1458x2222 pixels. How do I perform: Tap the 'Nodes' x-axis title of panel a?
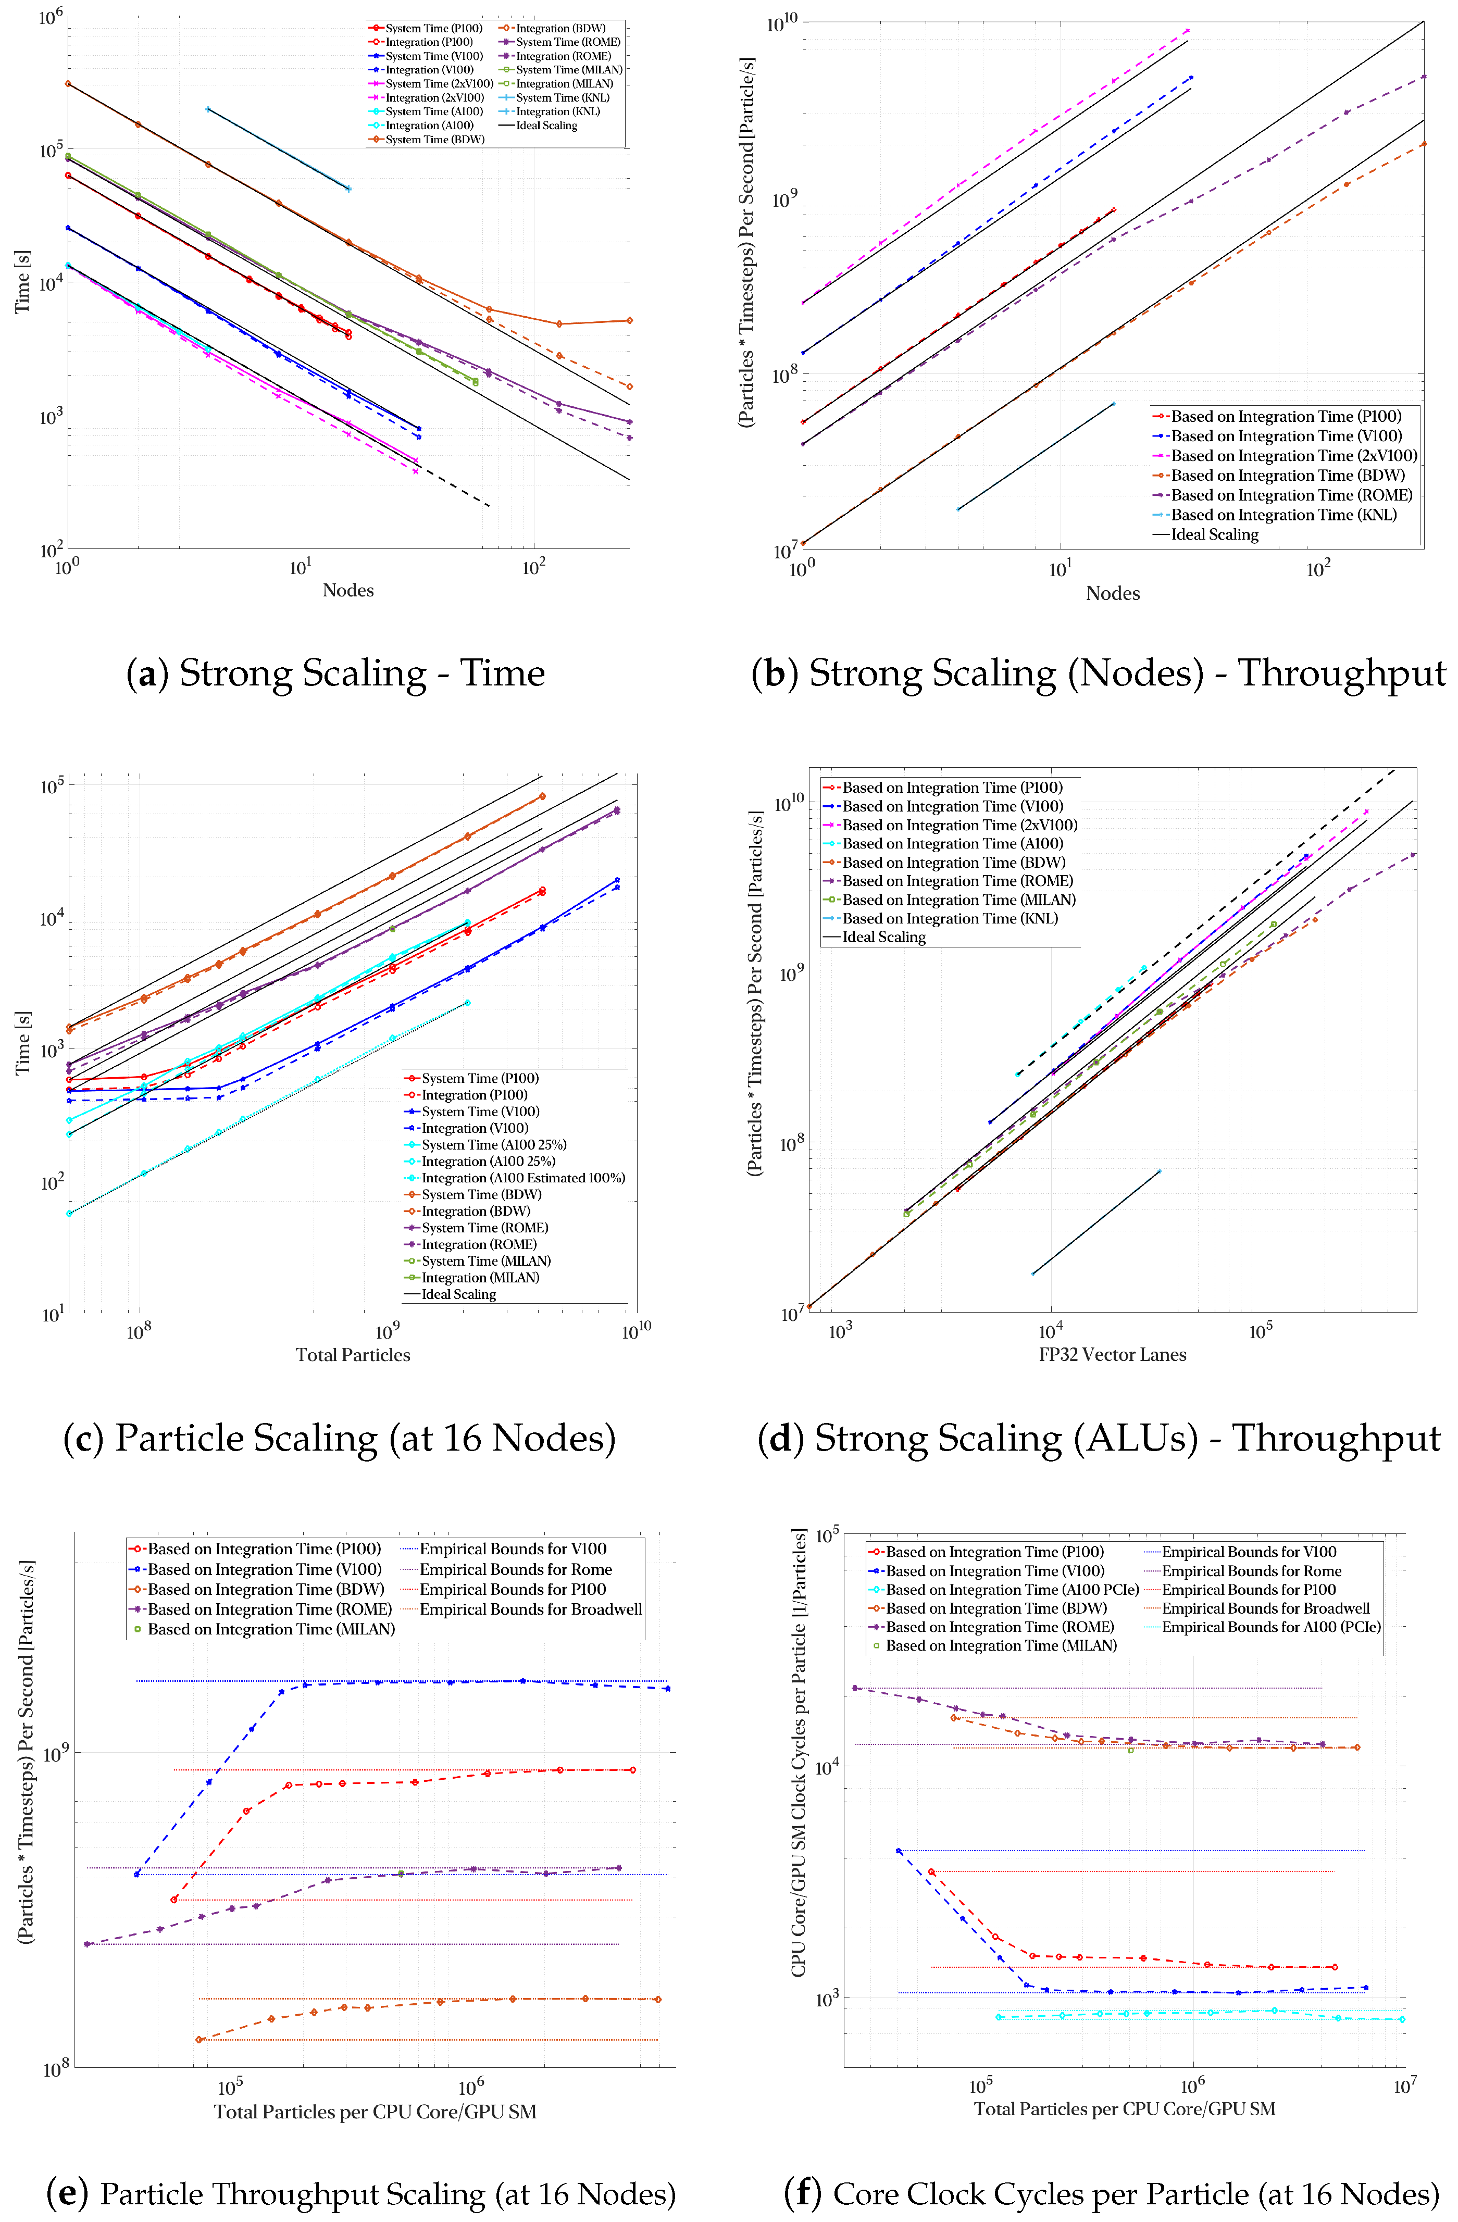347,590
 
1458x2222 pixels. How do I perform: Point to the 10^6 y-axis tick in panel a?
52,16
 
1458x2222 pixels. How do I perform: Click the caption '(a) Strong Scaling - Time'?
335,673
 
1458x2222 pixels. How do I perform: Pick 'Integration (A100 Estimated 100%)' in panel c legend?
522,1178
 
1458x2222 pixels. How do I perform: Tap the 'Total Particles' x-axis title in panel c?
353,1355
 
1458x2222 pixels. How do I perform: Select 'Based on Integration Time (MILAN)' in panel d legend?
958,900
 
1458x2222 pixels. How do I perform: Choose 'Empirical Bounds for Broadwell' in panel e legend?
530,1609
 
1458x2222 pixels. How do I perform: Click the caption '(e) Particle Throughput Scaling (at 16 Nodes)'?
360,2193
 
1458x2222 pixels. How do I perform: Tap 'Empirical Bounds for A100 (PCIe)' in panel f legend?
1270,1626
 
